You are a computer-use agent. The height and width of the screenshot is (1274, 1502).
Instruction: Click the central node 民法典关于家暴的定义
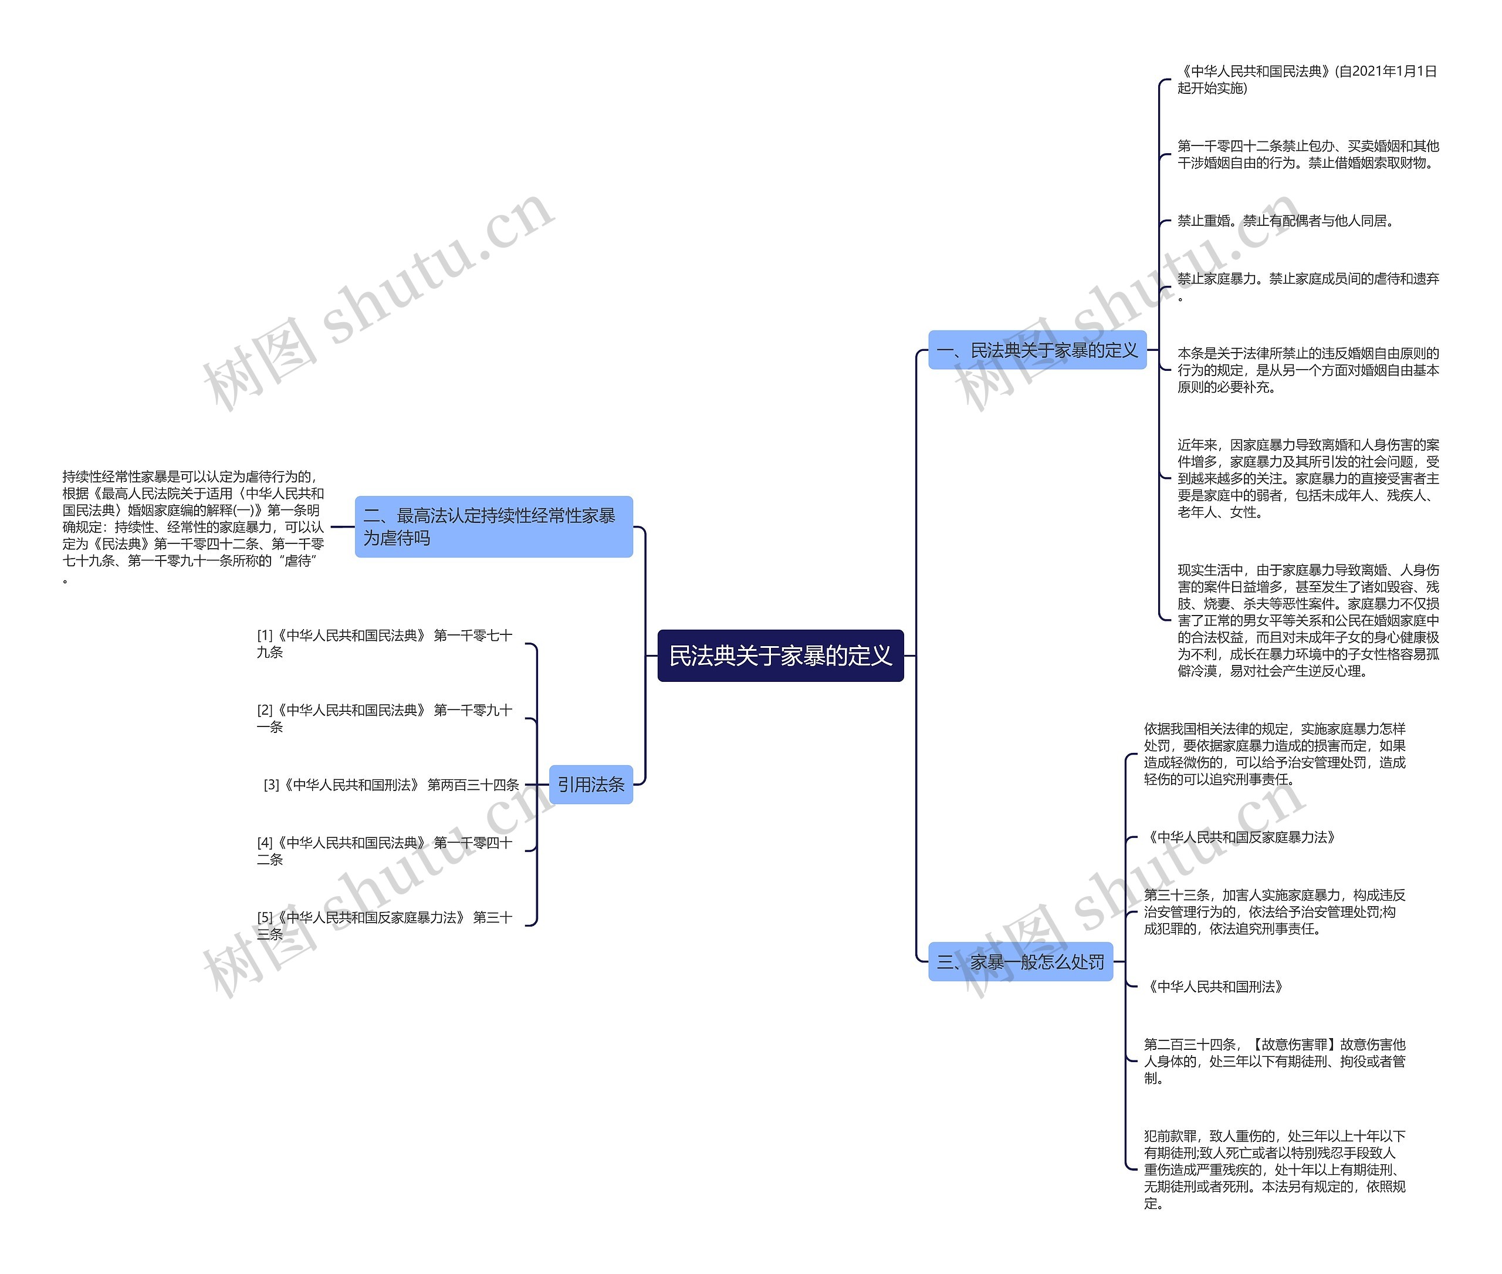tap(780, 655)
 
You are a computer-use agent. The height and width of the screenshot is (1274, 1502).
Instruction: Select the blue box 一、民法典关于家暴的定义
tap(1036, 350)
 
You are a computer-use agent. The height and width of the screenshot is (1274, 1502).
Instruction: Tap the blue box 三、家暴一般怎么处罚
tap(1020, 961)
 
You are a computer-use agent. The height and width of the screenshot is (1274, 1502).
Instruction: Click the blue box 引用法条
tap(590, 785)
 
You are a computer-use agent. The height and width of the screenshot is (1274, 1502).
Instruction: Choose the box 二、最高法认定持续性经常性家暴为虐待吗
tap(493, 526)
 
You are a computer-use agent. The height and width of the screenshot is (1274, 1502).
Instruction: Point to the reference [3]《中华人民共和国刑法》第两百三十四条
tap(391, 785)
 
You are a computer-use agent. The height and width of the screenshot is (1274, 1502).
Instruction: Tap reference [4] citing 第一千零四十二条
tap(384, 851)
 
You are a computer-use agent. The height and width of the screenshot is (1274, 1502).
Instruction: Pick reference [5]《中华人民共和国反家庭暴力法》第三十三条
tap(384, 925)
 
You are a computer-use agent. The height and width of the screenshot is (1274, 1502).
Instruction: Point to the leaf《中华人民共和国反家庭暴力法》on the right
tap(1239, 837)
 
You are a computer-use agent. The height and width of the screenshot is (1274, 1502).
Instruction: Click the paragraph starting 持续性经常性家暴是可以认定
tap(193, 526)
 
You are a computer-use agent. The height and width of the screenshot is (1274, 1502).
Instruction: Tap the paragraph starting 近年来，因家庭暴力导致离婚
tap(1308, 478)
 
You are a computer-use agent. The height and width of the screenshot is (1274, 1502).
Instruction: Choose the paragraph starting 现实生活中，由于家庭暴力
tap(1308, 620)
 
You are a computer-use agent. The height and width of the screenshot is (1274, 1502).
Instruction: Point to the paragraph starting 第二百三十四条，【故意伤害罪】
tap(1274, 1061)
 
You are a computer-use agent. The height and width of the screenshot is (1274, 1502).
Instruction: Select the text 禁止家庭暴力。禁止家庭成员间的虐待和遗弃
tap(1308, 286)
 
